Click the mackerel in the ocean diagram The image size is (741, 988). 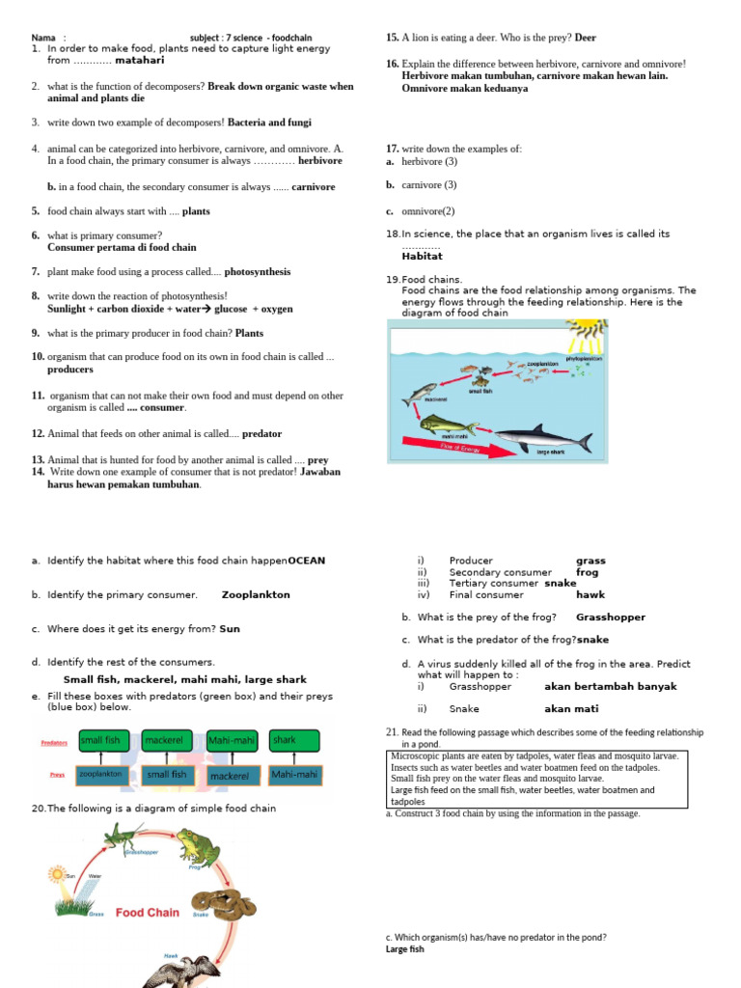coord(421,393)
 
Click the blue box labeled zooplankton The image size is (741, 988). coord(101,774)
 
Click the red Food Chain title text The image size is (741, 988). coord(148,912)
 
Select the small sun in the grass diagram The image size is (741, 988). coord(56,875)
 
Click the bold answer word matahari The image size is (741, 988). coord(140,60)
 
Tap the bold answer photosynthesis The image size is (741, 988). coord(258,272)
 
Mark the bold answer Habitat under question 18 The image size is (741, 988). coord(422,257)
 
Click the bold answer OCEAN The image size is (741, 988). coord(307,561)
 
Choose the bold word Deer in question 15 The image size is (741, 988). coord(586,38)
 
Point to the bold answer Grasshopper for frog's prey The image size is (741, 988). coord(611,617)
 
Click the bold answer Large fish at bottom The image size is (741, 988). coord(404,949)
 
